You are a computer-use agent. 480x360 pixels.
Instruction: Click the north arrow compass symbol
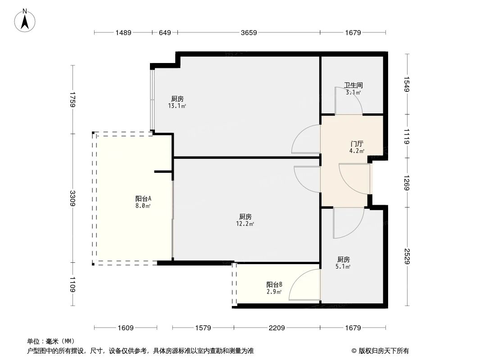pos(26,20)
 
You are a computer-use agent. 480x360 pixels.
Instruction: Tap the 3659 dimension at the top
pos(249,32)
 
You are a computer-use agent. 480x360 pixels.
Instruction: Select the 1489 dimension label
pos(123,32)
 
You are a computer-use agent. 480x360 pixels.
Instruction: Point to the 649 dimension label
pos(165,32)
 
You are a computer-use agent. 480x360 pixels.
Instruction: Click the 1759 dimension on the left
pos(72,99)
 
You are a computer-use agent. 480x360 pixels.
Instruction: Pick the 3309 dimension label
pos(72,198)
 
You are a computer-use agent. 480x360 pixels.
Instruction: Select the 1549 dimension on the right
pos(407,84)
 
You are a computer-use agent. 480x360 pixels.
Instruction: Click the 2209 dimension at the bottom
pos(277,328)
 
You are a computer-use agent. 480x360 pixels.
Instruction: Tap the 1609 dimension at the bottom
pos(126,328)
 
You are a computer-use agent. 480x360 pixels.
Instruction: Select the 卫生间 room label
pos(353,85)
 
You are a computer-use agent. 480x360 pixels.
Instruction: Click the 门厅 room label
pos(357,144)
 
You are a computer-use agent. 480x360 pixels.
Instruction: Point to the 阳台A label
pos(143,198)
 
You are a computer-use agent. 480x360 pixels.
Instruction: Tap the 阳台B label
pos(274,284)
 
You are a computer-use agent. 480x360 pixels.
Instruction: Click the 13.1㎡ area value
pos(177,106)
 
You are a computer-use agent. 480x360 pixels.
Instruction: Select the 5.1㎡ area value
pos(344,266)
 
